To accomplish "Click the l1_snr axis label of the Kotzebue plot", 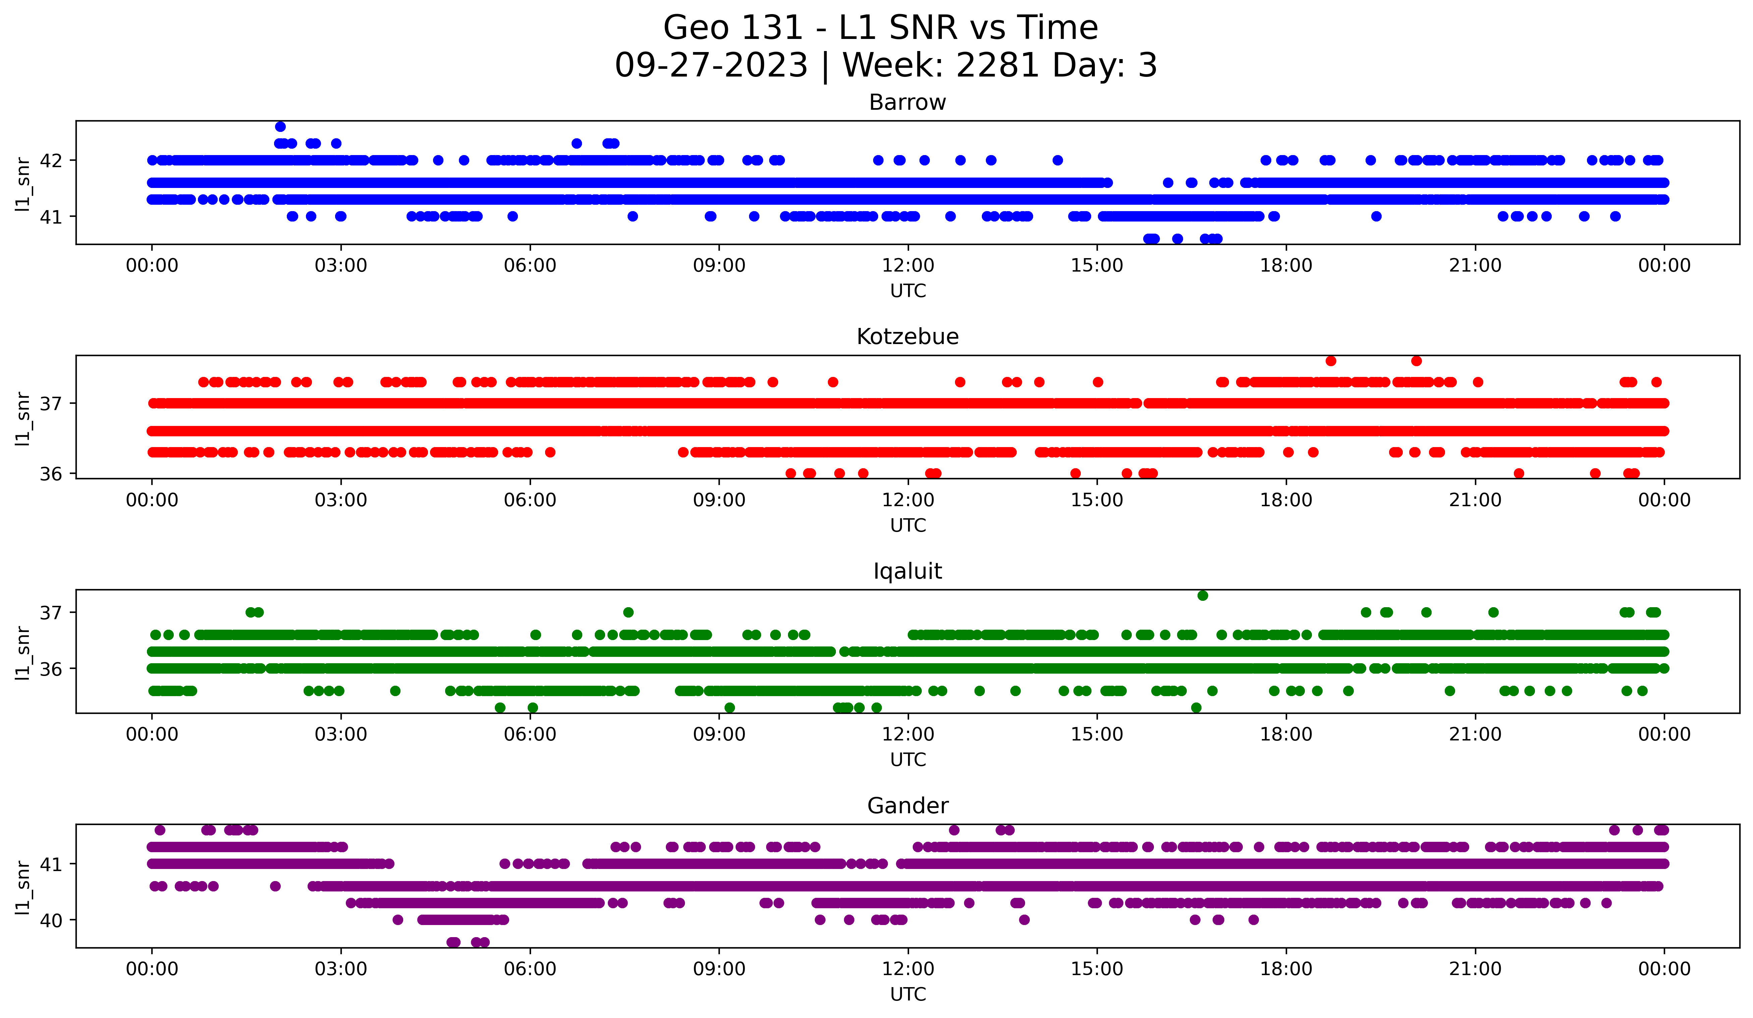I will coord(23,418).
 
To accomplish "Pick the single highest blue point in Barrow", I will coord(280,127).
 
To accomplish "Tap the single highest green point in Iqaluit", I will coord(1203,596).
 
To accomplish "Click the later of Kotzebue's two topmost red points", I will coord(1416,361).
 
